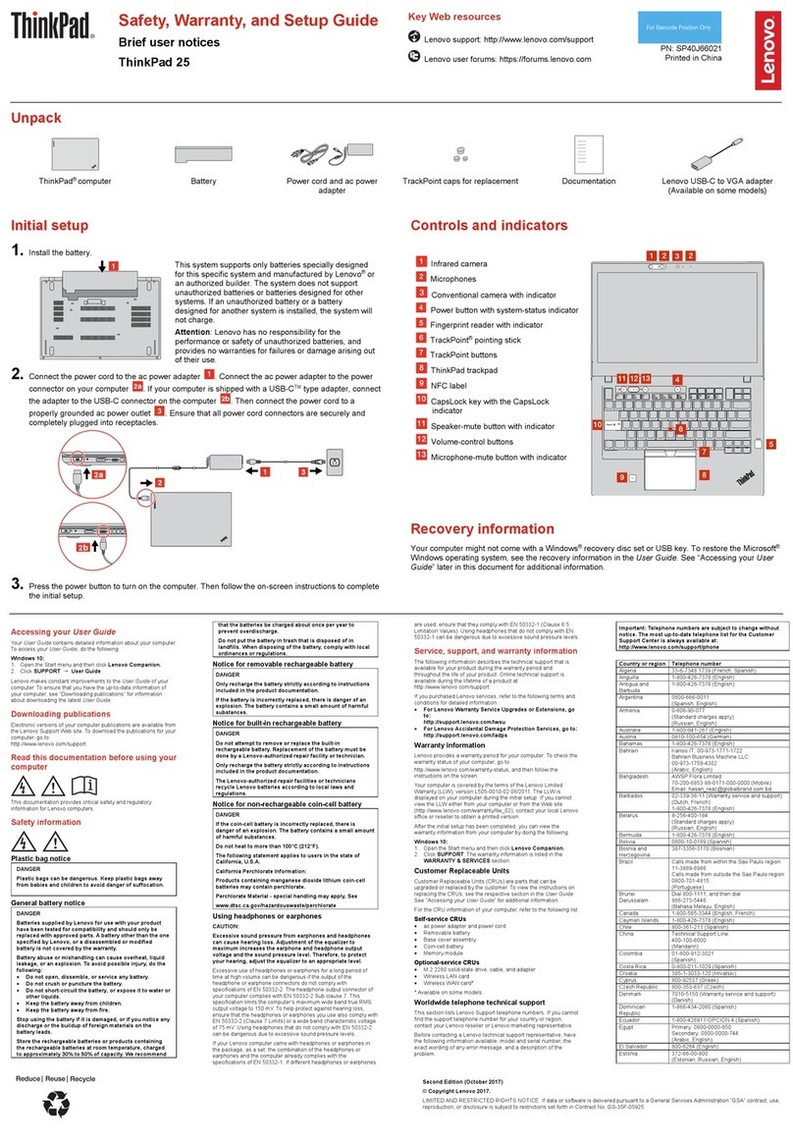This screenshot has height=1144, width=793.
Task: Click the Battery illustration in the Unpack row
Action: (x=202, y=154)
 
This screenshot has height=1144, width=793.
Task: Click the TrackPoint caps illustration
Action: (x=454, y=156)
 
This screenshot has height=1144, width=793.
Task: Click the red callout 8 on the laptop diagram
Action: (x=704, y=474)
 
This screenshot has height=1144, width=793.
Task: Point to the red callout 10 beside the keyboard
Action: (x=598, y=424)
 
